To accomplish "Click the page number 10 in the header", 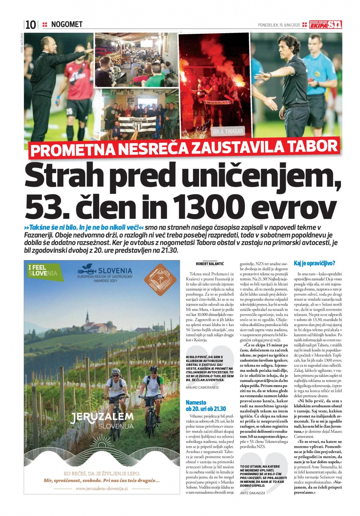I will click(x=31, y=25).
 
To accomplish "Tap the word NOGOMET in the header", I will click(x=67, y=24).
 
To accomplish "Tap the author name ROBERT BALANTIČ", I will click(x=210, y=263).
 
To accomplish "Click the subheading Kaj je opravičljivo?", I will click(x=314, y=263).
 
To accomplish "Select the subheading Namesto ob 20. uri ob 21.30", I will click(x=206, y=406).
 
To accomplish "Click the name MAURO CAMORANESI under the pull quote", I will click(x=202, y=387).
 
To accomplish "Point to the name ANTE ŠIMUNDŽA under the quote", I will click(x=252, y=493).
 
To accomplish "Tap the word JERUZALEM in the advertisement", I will click(x=102, y=417).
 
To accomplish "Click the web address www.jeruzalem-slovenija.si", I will click(x=102, y=488).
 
